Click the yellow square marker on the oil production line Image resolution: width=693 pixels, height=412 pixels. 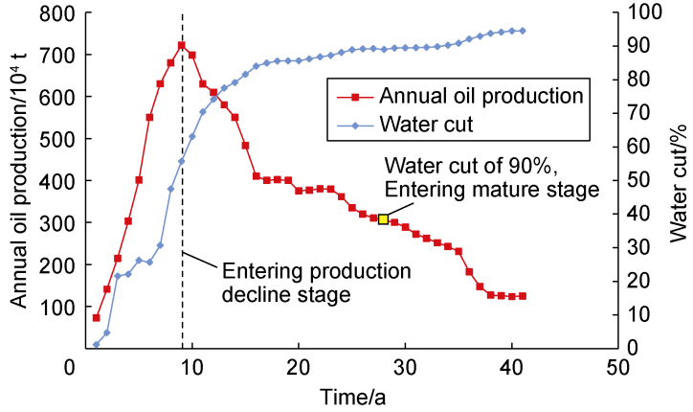(x=383, y=219)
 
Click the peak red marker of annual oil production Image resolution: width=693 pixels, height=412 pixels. (x=182, y=45)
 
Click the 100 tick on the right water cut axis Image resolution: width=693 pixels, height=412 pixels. (x=643, y=13)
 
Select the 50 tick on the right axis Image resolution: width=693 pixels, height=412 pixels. (x=638, y=180)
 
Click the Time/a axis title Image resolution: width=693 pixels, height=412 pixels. (x=351, y=395)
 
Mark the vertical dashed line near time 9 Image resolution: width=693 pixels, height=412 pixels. (x=182, y=192)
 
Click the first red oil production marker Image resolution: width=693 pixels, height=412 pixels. (x=97, y=317)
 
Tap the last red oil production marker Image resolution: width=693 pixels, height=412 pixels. (x=523, y=296)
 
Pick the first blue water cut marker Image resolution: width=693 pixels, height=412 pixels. (x=97, y=345)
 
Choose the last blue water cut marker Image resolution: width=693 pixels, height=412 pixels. (x=523, y=31)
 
